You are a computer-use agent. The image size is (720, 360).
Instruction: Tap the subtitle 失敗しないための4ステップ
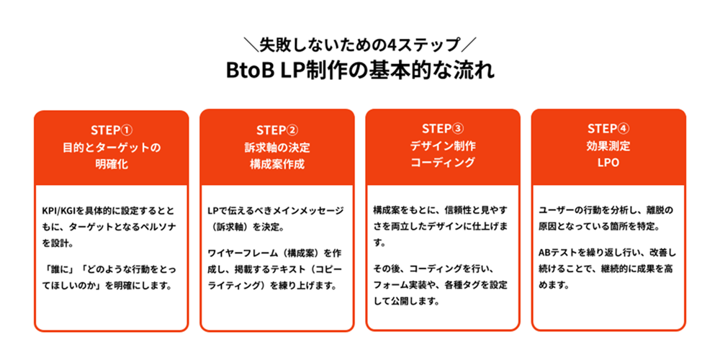359,45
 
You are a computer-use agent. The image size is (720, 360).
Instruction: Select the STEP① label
112,130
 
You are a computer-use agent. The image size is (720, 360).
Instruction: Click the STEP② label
276,130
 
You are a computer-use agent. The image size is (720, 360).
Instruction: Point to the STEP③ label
442,129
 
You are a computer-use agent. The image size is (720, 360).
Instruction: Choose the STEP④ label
608,129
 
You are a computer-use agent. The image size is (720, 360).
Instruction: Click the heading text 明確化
112,164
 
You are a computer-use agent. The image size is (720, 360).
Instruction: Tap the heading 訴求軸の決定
276,147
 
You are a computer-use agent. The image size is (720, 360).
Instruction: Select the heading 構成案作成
276,164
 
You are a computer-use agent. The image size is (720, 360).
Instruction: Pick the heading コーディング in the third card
442,163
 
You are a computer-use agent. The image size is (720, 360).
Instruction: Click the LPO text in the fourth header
608,163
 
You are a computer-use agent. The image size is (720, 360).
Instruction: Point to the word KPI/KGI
61,211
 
